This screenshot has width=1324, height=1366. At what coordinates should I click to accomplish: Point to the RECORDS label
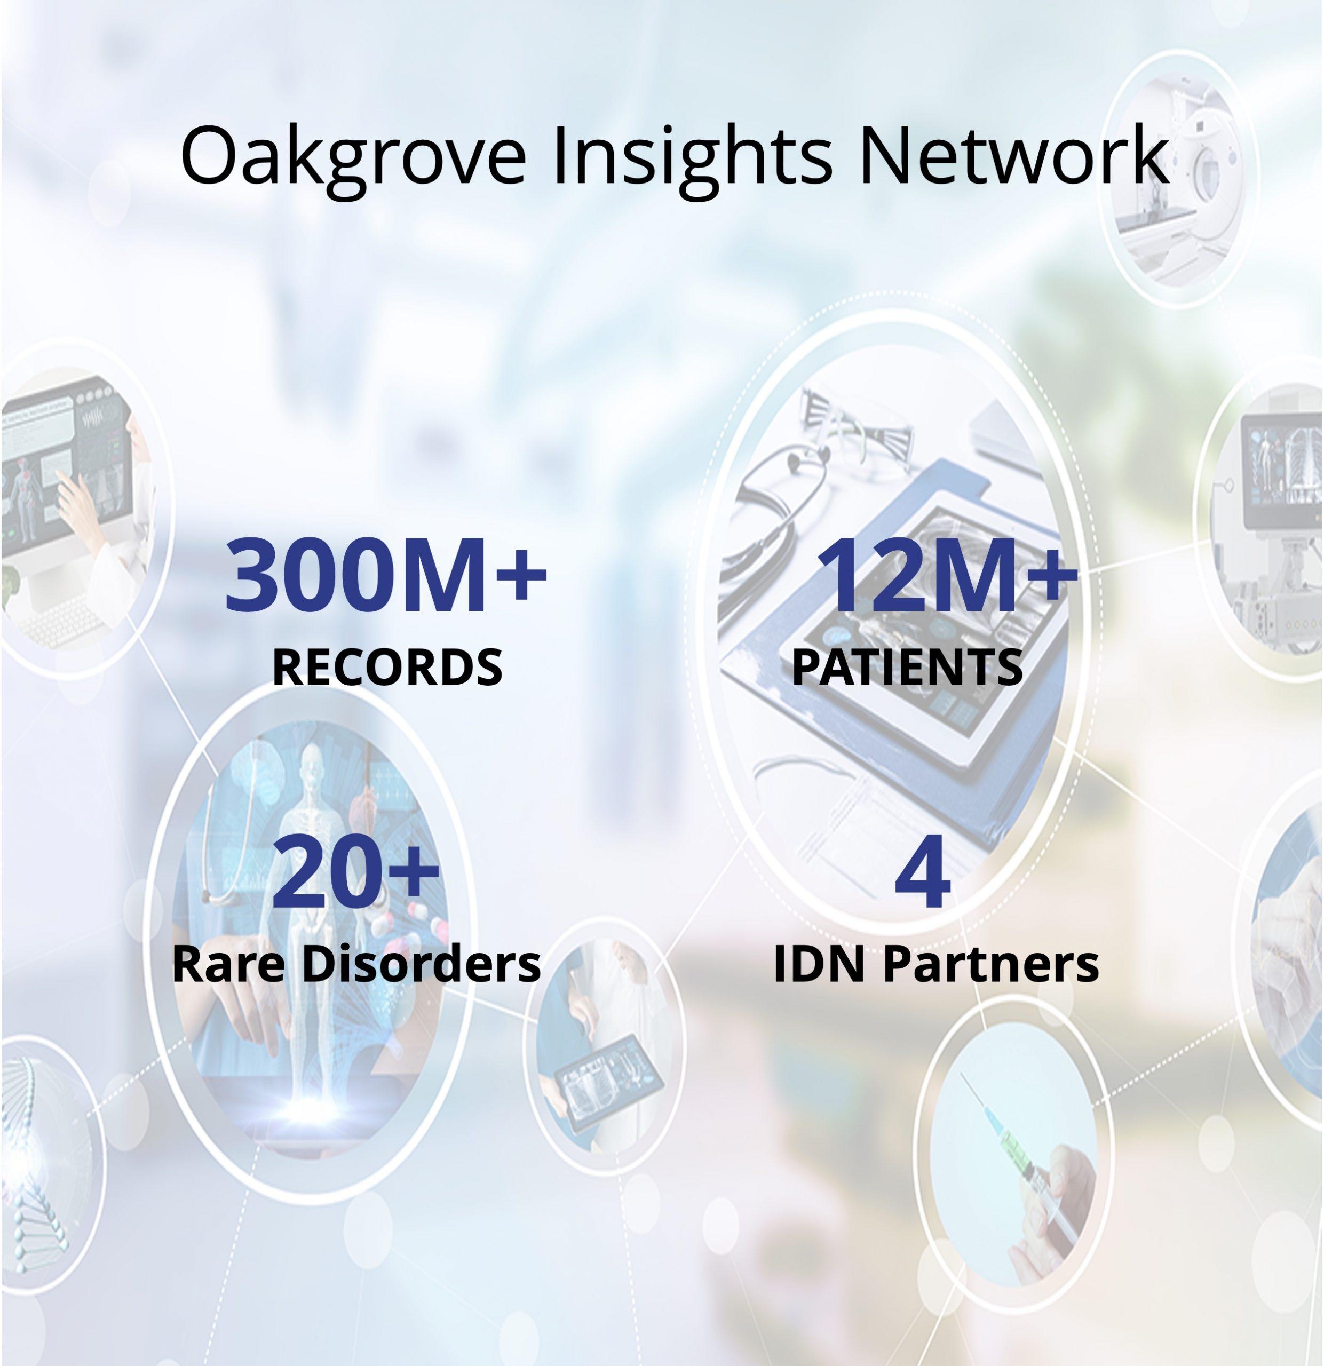click(387, 667)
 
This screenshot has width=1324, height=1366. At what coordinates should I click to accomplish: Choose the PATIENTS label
click(907, 667)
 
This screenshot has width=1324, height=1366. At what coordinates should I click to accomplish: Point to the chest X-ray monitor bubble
click(1265, 516)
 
